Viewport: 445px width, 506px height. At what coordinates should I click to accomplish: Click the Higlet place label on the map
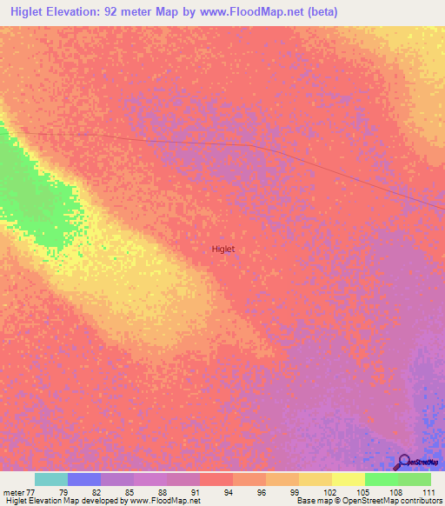(x=223, y=249)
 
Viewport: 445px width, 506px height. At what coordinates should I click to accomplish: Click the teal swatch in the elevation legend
(x=51, y=479)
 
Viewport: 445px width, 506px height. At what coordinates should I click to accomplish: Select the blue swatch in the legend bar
(x=84, y=479)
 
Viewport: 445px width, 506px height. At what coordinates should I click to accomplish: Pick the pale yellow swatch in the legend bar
(x=349, y=479)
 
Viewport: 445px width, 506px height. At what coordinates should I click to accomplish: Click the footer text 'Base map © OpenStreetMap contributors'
(x=368, y=501)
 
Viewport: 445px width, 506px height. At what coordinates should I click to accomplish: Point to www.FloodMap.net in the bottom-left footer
(x=164, y=501)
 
